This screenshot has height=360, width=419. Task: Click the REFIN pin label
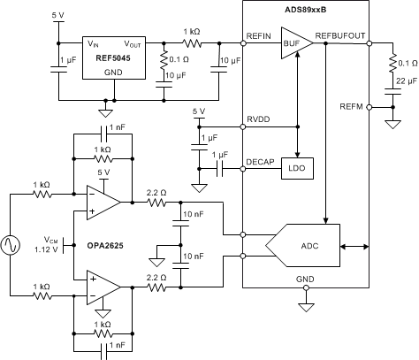(x=257, y=36)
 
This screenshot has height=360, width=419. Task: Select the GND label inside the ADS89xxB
(x=305, y=279)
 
